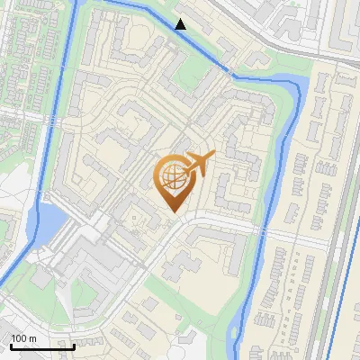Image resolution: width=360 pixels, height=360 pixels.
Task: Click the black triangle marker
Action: pyautogui.click(x=181, y=23)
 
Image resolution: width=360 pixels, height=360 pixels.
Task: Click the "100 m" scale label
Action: pyautogui.click(x=23, y=338)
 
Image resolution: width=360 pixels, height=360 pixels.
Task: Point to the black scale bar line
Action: pyautogui.click(x=42, y=346)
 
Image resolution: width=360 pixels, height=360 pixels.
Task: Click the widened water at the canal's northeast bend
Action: pyautogui.click(x=301, y=86)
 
